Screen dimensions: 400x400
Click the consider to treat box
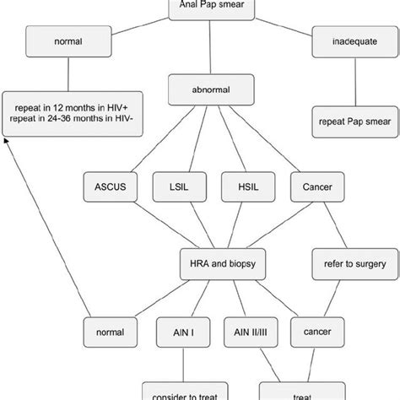(x=180, y=393)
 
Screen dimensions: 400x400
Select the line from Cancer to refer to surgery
(x=327, y=224)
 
